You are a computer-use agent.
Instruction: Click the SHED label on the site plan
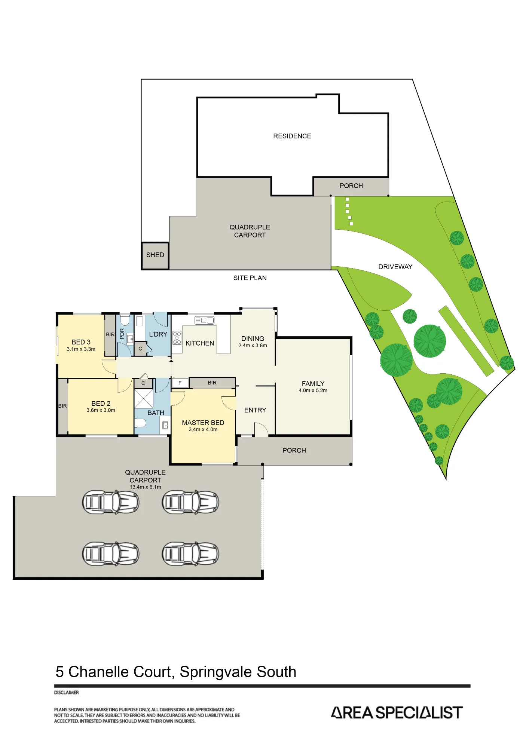click(x=155, y=255)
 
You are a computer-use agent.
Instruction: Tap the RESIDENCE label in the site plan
click(x=292, y=136)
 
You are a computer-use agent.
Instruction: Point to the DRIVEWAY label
click(x=395, y=267)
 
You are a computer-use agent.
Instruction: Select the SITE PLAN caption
click(x=250, y=278)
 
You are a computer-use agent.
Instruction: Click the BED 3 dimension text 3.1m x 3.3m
click(x=81, y=349)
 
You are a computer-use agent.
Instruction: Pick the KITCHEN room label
click(x=200, y=343)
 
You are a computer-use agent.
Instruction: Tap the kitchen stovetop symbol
click(x=177, y=337)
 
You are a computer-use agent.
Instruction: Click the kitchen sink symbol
click(x=204, y=321)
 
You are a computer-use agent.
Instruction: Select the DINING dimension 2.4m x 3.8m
click(x=253, y=346)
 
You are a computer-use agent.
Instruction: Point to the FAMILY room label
click(x=313, y=384)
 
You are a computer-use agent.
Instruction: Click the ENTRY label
click(x=255, y=410)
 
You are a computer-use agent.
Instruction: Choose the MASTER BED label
click(x=203, y=423)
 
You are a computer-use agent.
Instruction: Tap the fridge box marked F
click(x=180, y=383)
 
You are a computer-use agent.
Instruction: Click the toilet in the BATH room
click(x=140, y=423)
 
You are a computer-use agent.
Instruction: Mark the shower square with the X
click(x=144, y=399)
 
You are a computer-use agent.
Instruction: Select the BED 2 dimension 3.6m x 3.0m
click(x=101, y=410)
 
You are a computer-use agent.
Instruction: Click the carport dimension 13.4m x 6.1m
click(x=145, y=487)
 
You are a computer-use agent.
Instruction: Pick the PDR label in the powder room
click(x=122, y=334)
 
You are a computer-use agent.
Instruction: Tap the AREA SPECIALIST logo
click(x=397, y=712)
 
